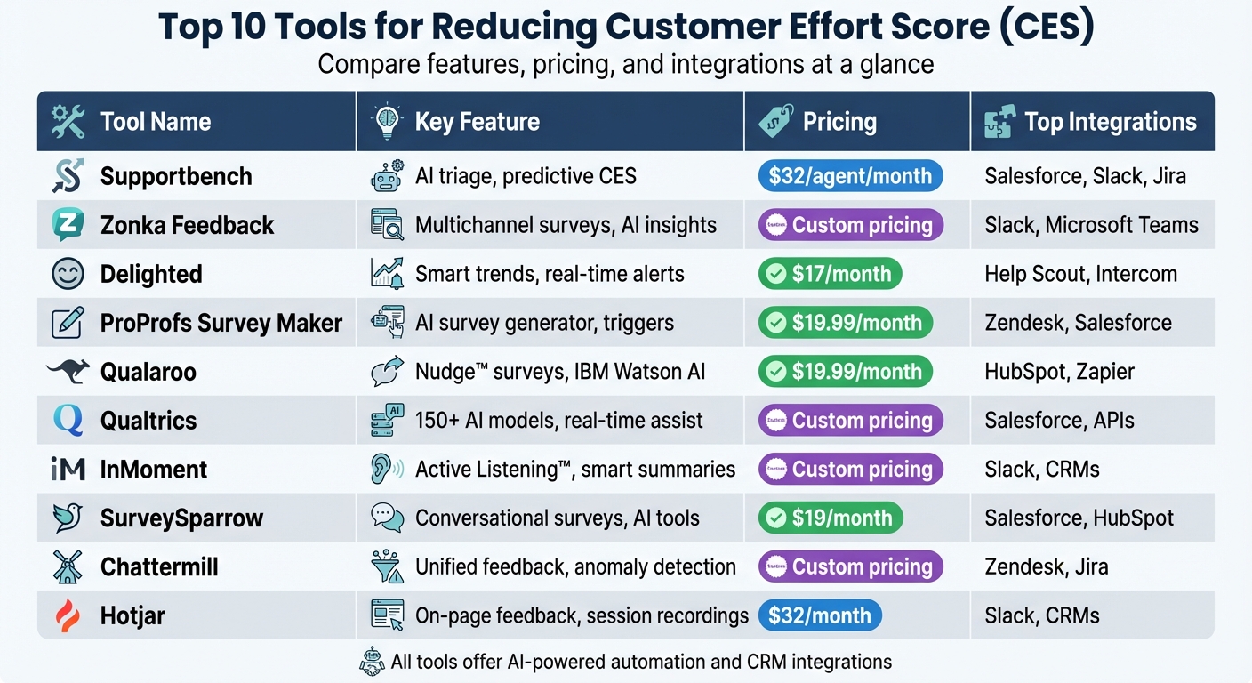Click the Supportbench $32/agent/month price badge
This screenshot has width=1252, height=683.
pos(849,176)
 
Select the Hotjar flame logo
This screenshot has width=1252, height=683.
pos(68,615)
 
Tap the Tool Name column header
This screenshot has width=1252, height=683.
pos(156,122)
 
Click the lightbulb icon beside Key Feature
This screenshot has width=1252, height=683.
pos(387,122)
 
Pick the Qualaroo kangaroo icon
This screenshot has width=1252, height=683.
pos(68,372)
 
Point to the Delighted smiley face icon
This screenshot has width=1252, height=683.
pos(68,274)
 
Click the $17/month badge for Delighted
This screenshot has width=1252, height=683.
pos(830,274)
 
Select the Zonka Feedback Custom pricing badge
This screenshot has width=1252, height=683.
pos(849,225)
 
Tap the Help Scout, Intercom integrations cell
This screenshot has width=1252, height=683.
pos(1080,274)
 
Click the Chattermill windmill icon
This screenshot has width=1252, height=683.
pos(68,566)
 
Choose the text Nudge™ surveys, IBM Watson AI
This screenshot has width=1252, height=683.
pos(560,372)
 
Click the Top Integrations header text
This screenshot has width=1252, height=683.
pos(1110,122)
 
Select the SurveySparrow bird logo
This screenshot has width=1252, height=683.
pos(68,518)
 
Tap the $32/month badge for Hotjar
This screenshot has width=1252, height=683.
pos(820,615)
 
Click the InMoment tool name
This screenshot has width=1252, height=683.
pos(154,470)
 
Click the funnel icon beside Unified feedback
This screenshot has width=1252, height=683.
pos(387,566)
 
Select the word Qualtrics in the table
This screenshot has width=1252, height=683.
pos(148,421)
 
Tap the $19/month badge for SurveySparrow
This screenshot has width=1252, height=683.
pos(830,518)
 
